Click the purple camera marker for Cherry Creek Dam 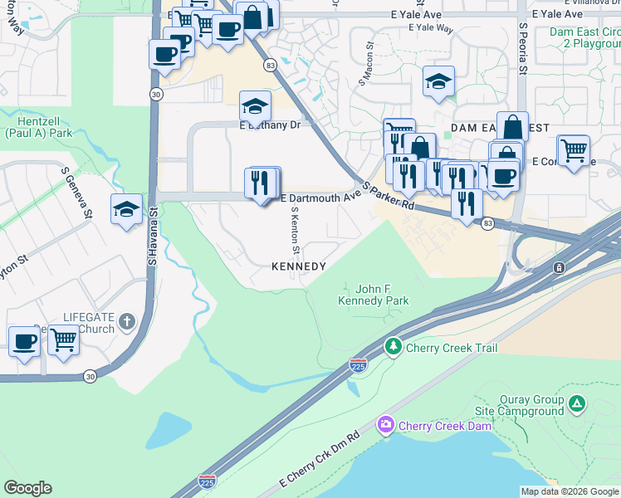coord(385,426)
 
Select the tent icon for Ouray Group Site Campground coord(577,404)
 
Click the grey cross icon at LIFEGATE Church coord(126,321)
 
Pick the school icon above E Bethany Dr coord(256,106)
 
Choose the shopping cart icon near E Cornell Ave coord(573,151)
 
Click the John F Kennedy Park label coord(374,294)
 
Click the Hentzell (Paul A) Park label coord(37,127)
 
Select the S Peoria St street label coord(523,50)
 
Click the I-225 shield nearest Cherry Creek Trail coord(357,365)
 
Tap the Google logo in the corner coord(27,488)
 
